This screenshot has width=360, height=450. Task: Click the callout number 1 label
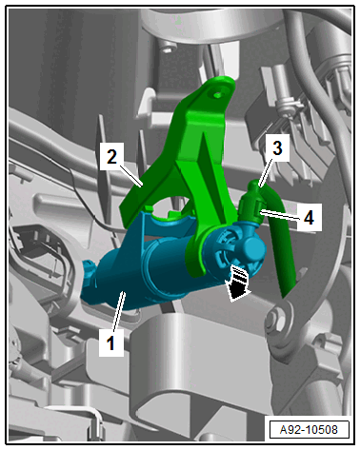click(111, 342)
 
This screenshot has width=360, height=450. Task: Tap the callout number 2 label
click(111, 156)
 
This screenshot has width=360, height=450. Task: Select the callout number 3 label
click(277, 147)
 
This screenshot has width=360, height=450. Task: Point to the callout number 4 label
click(309, 217)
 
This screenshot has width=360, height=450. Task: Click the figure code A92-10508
click(309, 429)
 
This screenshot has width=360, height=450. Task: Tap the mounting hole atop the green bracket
click(217, 94)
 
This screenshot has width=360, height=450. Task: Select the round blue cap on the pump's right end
click(254, 249)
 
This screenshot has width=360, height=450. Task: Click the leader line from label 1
click(119, 311)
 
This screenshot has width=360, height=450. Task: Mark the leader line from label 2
click(130, 174)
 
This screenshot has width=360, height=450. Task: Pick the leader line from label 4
click(279, 215)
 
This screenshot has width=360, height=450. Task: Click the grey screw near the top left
click(168, 49)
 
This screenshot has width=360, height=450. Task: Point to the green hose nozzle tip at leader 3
click(254, 186)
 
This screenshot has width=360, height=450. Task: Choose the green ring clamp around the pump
click(197, 254)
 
